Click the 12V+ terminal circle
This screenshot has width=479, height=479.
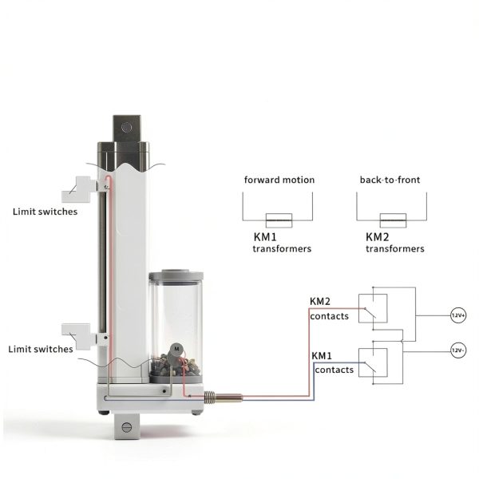[458, 315]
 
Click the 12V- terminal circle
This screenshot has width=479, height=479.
[458, 350]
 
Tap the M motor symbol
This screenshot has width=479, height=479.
[176, 349]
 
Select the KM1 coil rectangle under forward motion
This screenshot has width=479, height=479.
[279, 220]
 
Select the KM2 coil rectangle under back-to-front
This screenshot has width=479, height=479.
[393, 220]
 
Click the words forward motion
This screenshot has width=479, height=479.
[279, 180]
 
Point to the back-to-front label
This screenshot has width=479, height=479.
[390, 180]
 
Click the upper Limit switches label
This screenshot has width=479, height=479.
[46, 212]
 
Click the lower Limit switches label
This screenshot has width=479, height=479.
[41, 349]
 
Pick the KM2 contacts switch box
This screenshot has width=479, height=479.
[373, 308]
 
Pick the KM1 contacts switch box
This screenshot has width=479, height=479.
[373, 362]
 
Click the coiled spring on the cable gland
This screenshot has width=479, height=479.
[208, 398]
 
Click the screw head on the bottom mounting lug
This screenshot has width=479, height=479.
[126, 427]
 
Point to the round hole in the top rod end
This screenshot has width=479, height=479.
[126, 128]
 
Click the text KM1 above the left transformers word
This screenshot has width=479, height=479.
[265, 237]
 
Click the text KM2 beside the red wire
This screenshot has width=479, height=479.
[320, 302]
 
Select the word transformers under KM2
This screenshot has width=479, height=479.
[395, 248]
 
